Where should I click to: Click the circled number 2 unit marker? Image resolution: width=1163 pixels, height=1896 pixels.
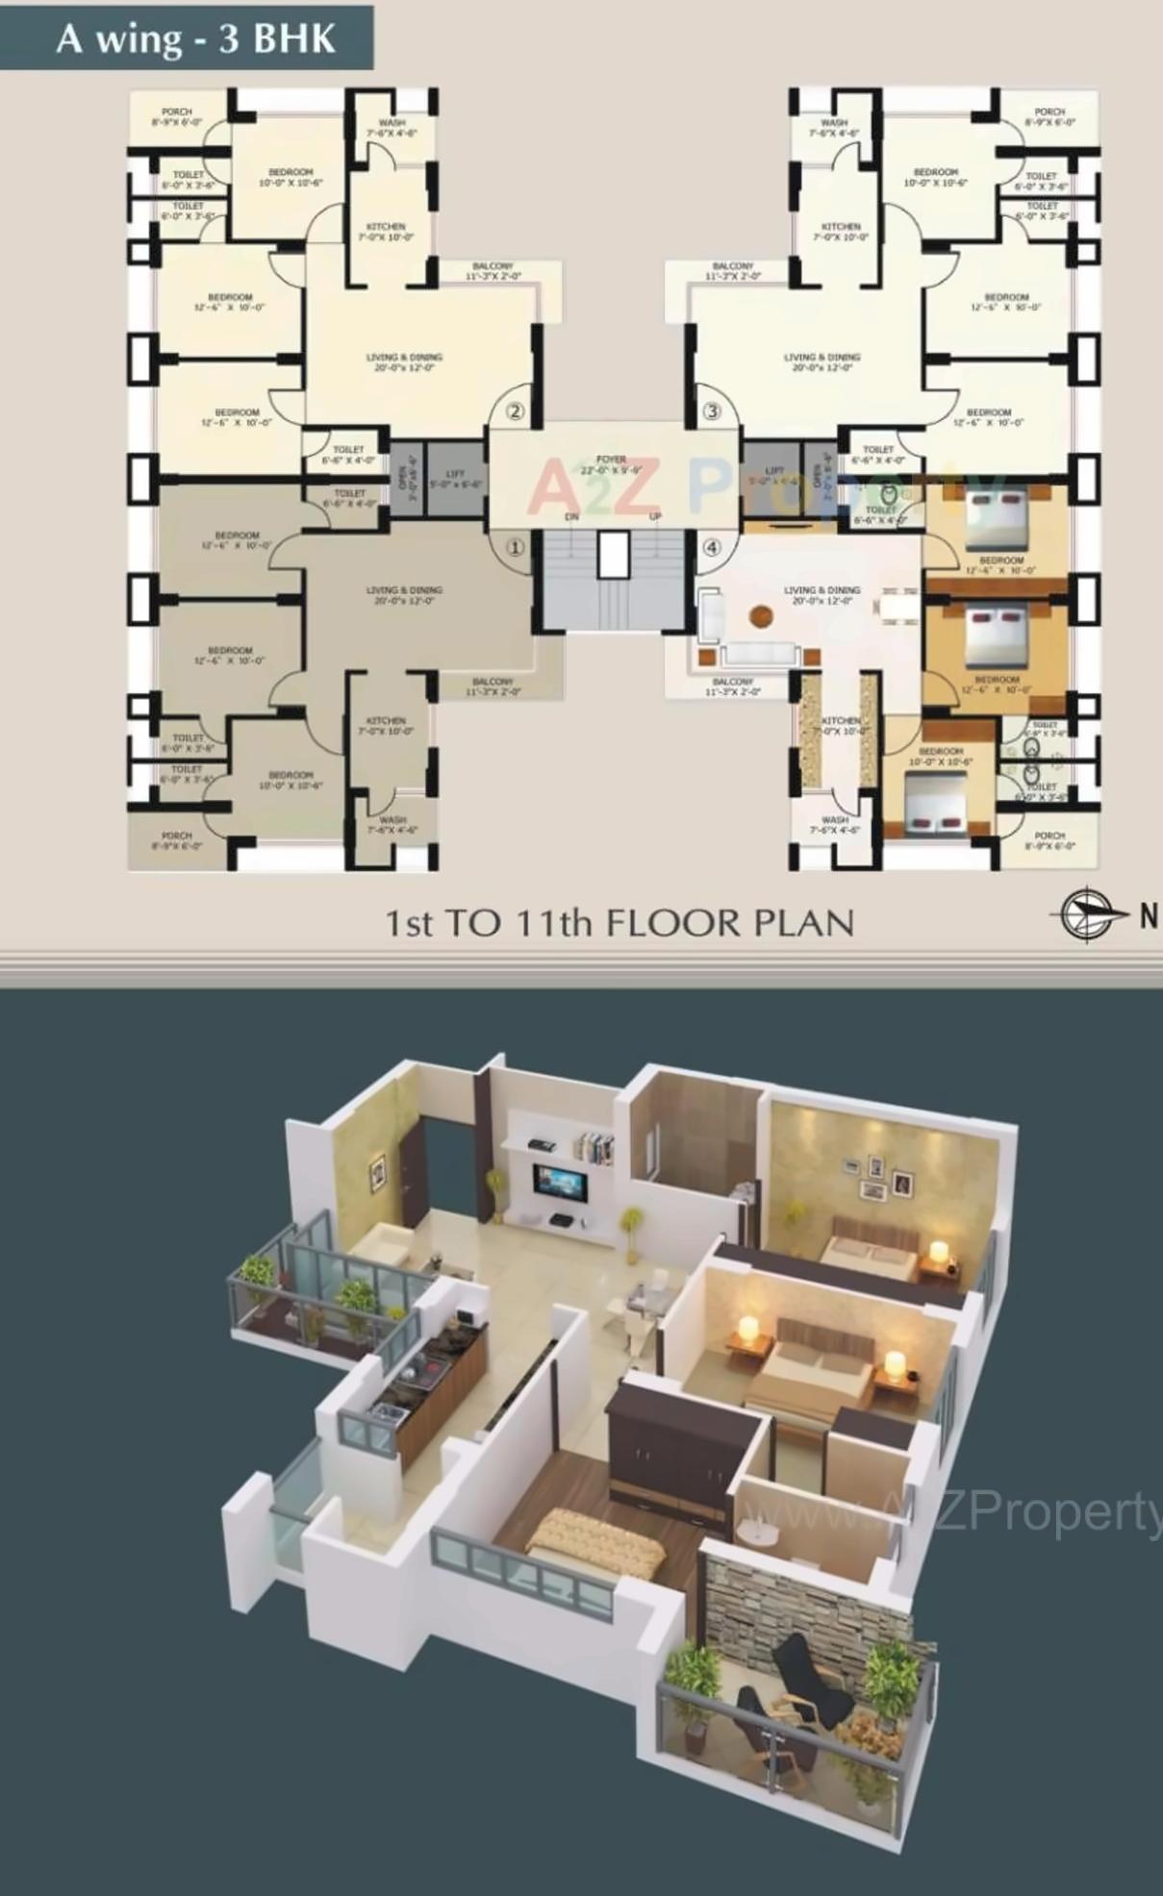click(516, 412)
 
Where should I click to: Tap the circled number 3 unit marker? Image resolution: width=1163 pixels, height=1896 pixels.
click(712, 412)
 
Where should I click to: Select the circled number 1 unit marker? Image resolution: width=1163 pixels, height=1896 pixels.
click(516, 548)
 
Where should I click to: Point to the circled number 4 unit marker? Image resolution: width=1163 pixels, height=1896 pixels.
click(712, 548)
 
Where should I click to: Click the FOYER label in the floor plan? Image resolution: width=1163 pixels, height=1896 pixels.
click(611, 461)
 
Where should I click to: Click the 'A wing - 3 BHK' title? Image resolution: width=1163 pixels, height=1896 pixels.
click(195, 39)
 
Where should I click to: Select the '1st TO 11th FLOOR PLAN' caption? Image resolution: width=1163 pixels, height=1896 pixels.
click(619, 924)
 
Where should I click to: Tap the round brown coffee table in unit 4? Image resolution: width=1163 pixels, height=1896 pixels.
click(761, 615)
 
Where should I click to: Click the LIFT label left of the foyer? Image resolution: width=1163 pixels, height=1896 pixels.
click(455, 474)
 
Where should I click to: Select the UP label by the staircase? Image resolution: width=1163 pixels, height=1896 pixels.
click(655, 517)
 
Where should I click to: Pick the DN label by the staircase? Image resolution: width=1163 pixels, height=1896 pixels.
click(571, 517)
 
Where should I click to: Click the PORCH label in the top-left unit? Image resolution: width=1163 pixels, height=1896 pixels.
click(177, 112)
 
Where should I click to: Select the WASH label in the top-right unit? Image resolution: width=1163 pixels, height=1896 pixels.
click(834, 123)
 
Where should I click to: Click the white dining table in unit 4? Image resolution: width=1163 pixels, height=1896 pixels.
click(898, 608)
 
